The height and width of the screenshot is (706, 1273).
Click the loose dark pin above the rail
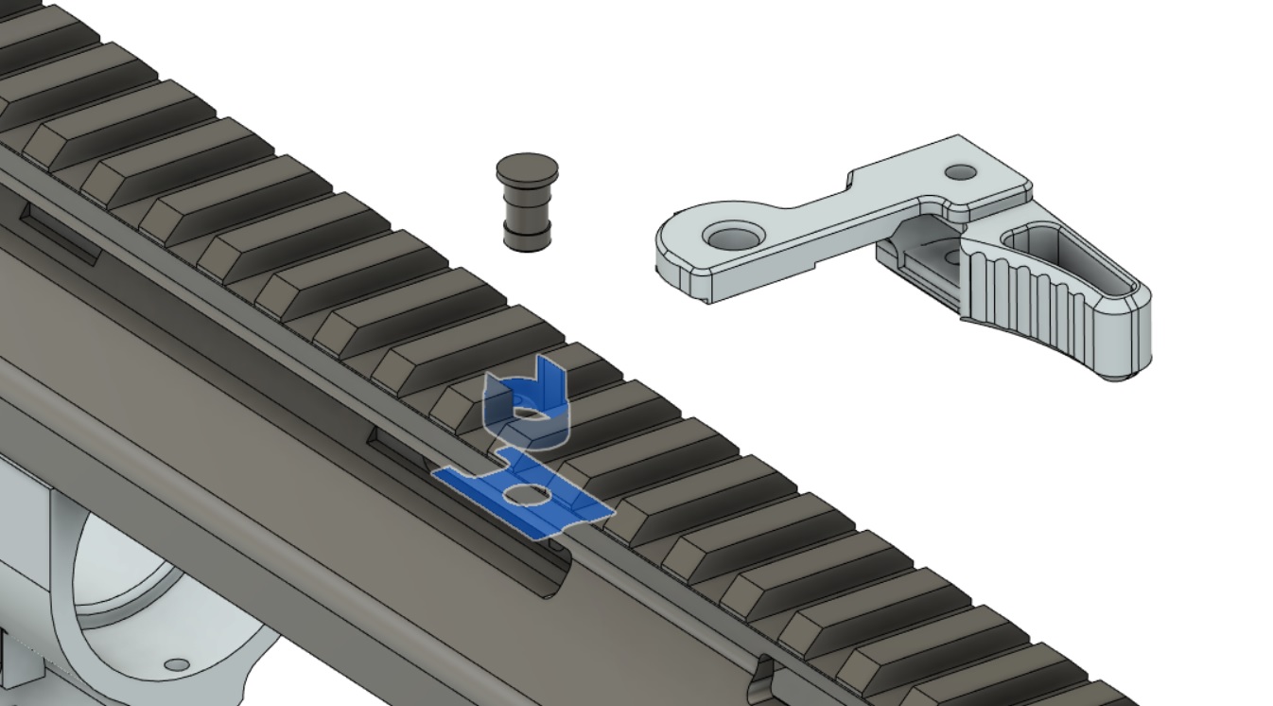[527, 203]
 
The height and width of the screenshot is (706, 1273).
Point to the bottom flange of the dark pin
[527, 238]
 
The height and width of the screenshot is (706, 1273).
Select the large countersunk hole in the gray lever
[729, 237]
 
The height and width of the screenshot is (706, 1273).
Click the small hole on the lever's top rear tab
[961, 172]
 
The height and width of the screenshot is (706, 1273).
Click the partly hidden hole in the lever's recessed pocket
[950, 256]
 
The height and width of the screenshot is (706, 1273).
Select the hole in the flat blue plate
[526, 494]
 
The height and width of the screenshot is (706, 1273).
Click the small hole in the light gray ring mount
[177, 665]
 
